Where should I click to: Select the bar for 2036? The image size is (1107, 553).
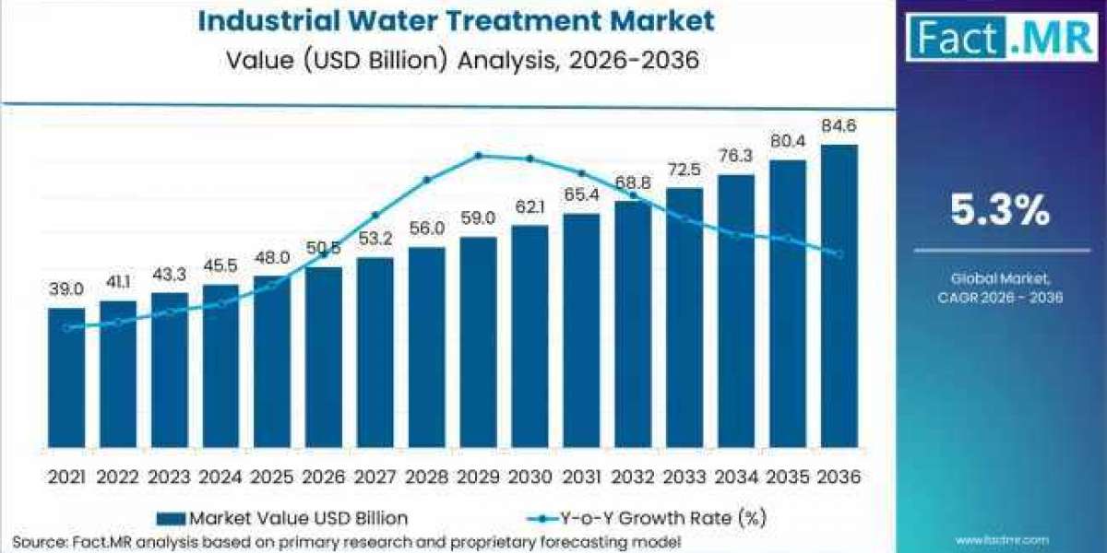click(x=839, y=295)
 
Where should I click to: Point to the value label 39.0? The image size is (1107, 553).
click(x=66, y=290)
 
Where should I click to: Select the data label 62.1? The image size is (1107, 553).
click(x=530, y=207)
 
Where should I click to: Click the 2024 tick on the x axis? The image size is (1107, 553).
click(x=220, y=477)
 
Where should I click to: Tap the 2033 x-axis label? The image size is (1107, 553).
click(x=684, y=477)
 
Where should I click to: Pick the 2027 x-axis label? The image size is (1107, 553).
click(x=375, y=477)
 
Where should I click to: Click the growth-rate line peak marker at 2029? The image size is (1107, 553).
click(x=479, y=156)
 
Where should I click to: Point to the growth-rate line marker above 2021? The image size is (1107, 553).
click(x=66, y=328)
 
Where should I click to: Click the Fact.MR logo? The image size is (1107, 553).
click(x=1001, y=38)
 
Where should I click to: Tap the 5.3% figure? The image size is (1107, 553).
click(x=1001, y=211)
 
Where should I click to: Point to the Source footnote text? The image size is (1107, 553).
click(x=346, y=541)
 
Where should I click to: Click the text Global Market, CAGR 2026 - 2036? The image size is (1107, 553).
click(x=1001, y=287)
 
